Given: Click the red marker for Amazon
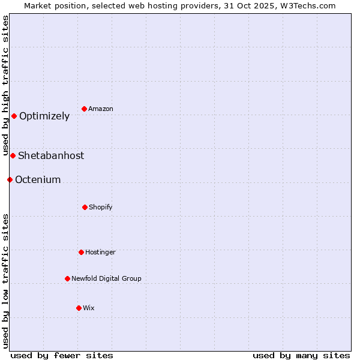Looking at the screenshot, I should (85, 109).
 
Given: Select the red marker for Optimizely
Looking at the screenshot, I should (14, 116).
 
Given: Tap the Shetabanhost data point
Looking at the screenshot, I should (13, 155).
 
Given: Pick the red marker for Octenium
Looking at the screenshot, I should (10, 179).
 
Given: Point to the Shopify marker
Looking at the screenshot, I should (85, 207).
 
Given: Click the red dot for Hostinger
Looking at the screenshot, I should (81, 252).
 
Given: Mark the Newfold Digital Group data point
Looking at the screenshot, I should (67, 278).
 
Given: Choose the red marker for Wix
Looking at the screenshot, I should (79, 308).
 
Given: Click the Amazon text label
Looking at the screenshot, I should (101, 109).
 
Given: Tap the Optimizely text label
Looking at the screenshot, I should (44, 116).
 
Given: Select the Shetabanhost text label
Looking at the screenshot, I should (51, 156).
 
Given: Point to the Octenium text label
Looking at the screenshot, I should (38, 180).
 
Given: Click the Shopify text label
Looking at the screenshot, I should (101, 208).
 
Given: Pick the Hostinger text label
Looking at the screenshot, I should (100, 253).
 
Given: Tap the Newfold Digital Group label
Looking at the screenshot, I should (106, 279).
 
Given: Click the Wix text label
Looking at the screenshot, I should (89, 308).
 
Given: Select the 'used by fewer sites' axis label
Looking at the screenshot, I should (62, 355).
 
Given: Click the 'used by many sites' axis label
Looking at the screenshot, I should (301, 355).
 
